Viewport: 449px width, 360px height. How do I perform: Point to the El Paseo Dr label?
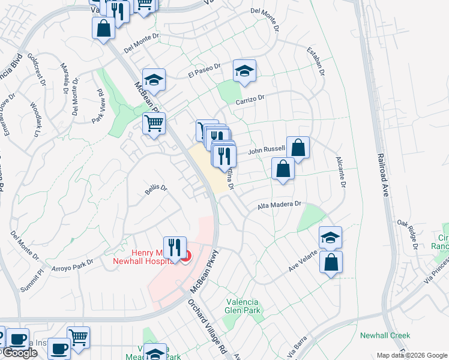point(205,71)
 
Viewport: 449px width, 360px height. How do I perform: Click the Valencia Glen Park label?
point(243,306)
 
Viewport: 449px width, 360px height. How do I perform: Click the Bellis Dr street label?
point(155,190)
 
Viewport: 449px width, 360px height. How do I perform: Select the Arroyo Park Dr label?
point(73,265)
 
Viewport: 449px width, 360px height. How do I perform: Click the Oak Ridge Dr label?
point(408,233)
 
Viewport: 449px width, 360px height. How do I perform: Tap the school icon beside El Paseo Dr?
point(154,80)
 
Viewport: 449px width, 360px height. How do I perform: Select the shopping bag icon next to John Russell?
point(298,147)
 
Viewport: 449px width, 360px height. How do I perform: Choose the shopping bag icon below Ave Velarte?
point(331,262)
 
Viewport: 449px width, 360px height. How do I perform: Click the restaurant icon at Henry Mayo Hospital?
point(175,247)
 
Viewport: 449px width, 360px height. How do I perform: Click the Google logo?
point(20,353)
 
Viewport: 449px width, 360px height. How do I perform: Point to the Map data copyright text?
point(412,355)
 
